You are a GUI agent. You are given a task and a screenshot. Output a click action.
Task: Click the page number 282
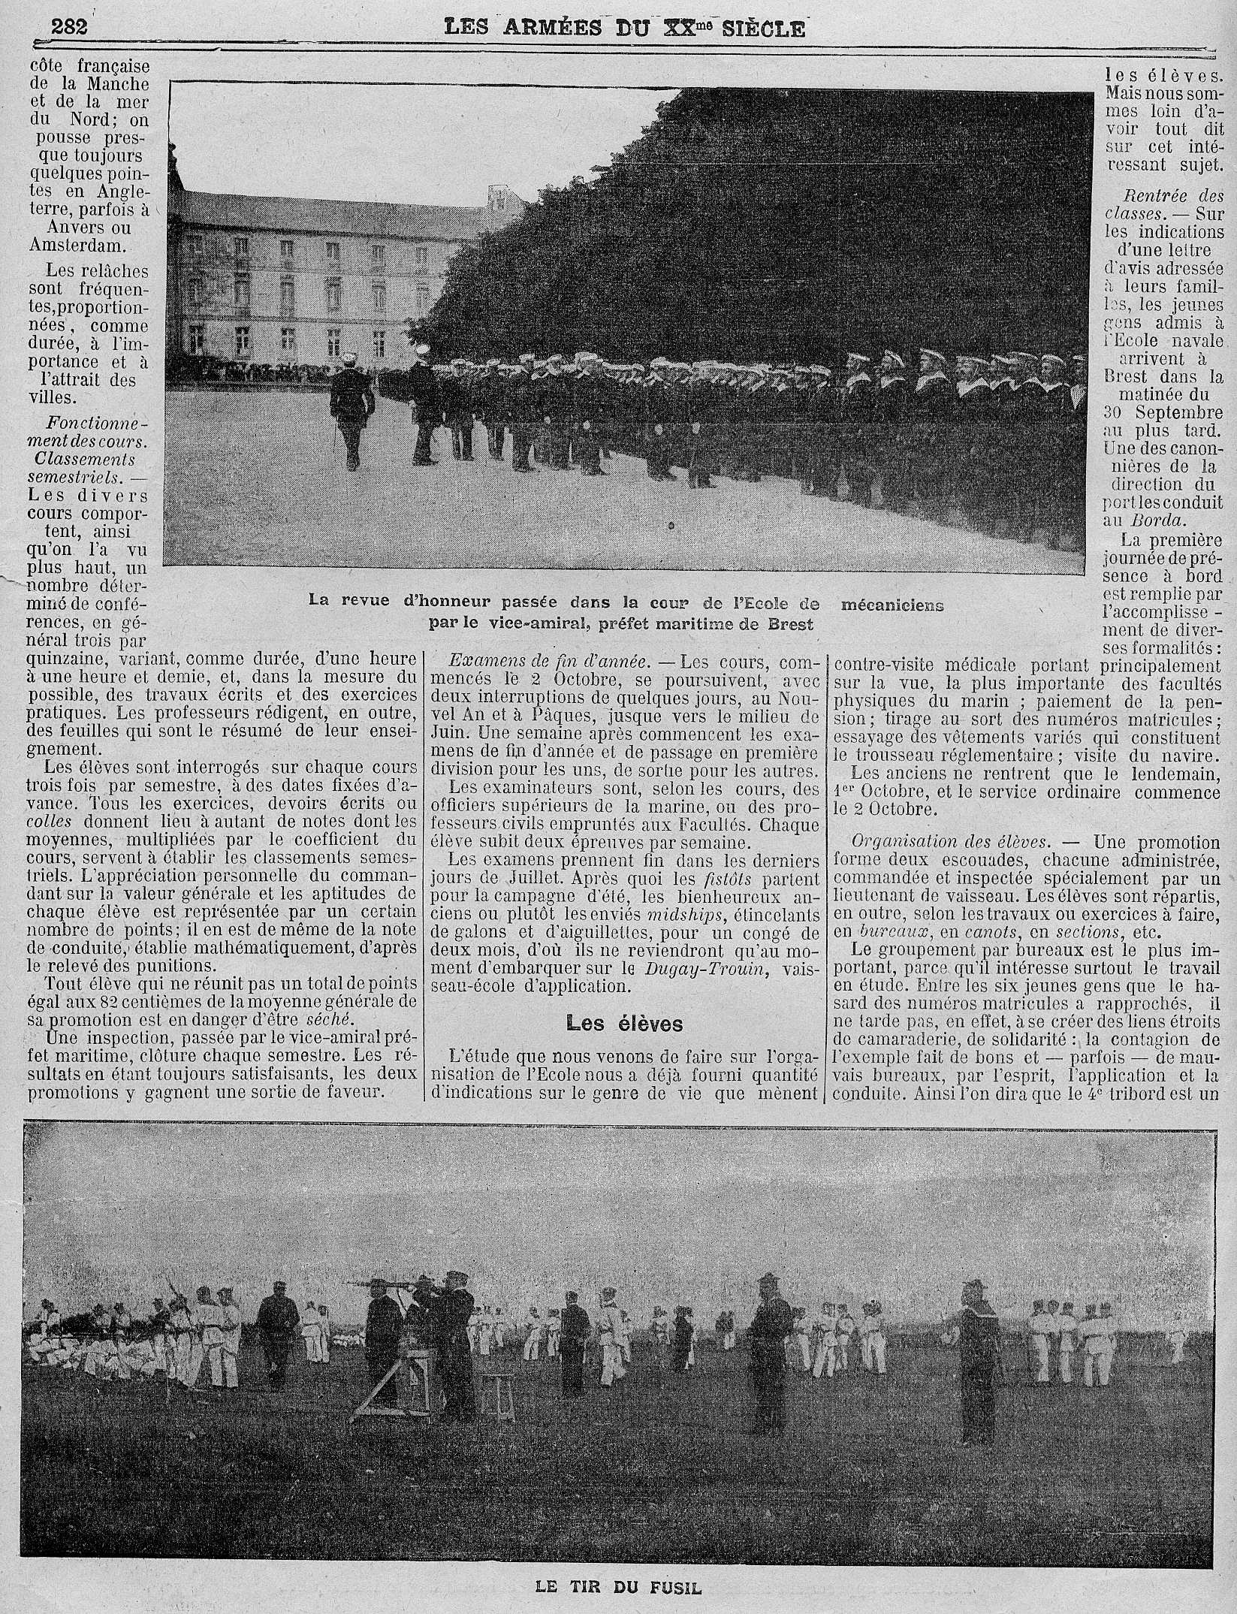click(x=69, y=27)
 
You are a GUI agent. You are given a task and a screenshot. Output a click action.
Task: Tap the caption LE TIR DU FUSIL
click(x=618, y=1582)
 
